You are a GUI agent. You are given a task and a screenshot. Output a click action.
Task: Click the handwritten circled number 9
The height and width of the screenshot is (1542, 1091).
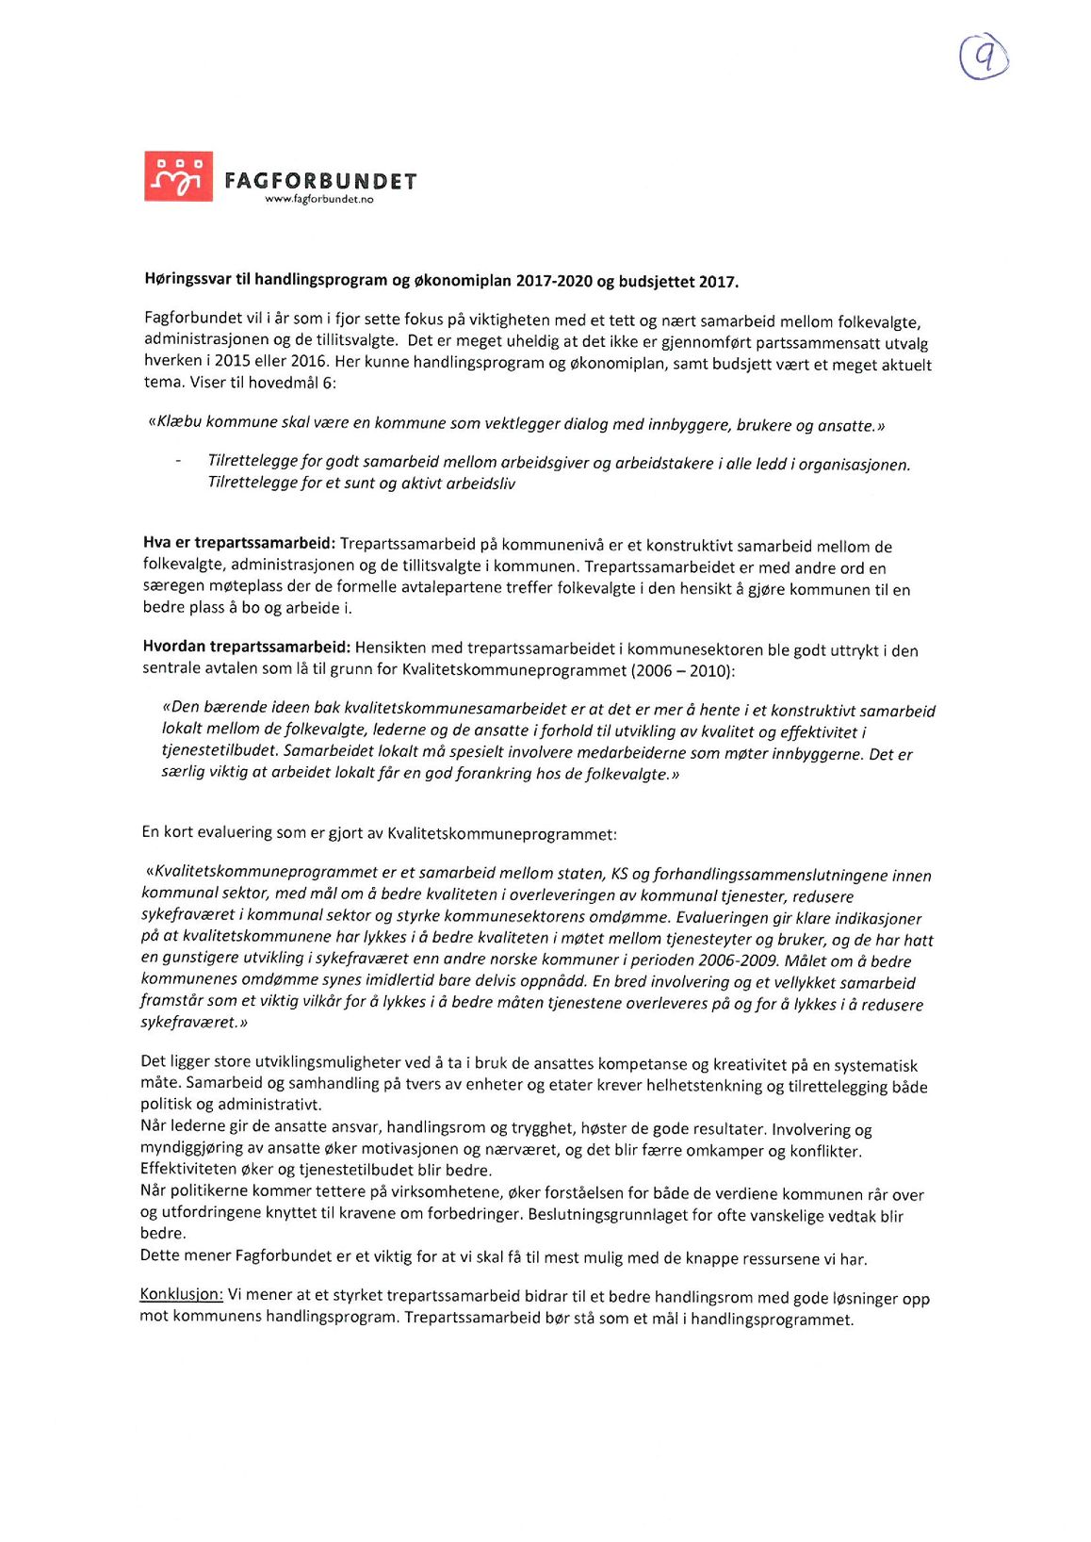coord(984,58)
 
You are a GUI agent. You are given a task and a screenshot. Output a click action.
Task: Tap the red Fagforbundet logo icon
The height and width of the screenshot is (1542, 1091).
coord(178,176)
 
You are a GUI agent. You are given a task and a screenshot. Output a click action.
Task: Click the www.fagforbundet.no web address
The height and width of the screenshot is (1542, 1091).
coord(318,200)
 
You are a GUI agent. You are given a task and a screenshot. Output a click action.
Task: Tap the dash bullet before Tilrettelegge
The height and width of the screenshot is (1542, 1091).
coord(177,461)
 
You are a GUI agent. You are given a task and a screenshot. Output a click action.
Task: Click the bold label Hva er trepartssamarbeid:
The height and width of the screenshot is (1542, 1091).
coord(238,543)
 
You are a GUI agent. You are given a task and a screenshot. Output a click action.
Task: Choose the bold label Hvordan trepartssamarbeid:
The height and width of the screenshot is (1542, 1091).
coord(246,647)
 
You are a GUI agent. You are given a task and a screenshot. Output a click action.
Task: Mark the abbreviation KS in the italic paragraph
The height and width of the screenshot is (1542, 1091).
coord(620,875)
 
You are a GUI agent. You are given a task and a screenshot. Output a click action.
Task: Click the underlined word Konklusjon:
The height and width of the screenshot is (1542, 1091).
coord(181,1294)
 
